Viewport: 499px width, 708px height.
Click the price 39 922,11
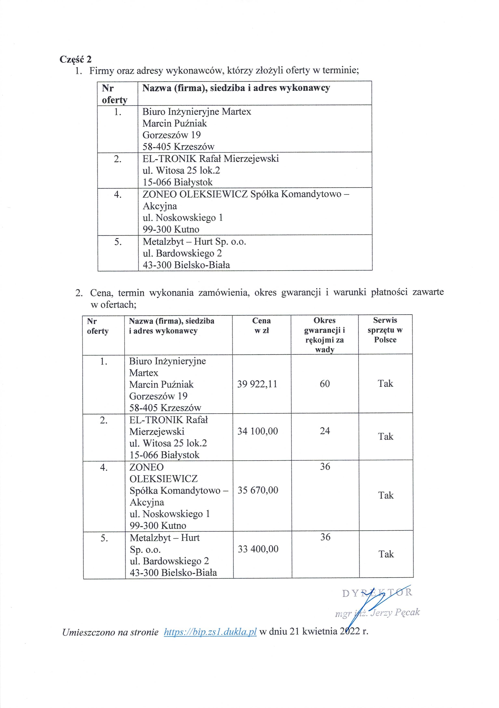tap(257, 384)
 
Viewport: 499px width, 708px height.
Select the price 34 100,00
tap(257, 431)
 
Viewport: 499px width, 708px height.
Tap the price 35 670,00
tap(258, 490)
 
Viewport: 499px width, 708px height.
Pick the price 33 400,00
tap(258, 549)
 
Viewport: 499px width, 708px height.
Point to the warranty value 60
tap(325, 384)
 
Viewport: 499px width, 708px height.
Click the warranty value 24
tap(325, 431)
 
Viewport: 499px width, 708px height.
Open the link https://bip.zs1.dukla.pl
tap(210, 632)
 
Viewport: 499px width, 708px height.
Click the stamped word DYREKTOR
tap(377, 592)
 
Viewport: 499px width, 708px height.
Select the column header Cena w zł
tap(261, 325)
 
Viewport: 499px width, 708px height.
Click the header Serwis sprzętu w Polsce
tap(385, 330)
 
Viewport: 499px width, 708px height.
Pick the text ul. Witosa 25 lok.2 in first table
tap(181, 170)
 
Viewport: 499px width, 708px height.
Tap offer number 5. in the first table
tap(118, 242)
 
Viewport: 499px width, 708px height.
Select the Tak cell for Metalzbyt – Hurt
tap(386, 554)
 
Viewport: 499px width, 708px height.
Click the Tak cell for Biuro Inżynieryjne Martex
tap(385, 384)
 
